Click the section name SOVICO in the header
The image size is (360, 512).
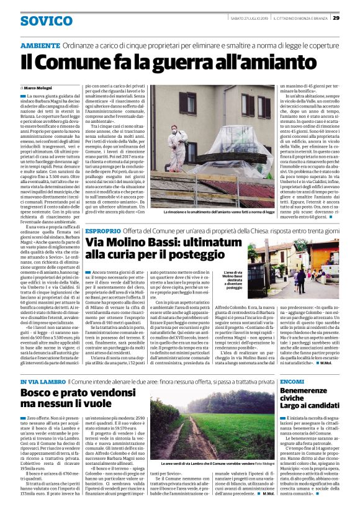tap(46, 21)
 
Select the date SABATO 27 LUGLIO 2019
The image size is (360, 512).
tap(247, 17)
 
